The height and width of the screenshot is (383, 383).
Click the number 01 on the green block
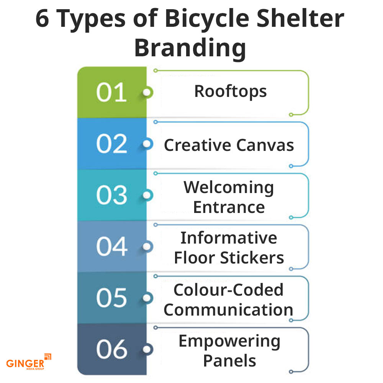pos(111,92)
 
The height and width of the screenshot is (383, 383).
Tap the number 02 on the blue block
pos(111,144)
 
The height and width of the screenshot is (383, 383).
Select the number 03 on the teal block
pos(111,195)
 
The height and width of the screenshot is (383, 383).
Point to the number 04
pos(111,246)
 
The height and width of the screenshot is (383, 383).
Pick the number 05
pos(111,298)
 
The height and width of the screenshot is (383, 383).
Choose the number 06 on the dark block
pos(111,349)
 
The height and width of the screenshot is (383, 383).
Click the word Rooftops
pos(230,92)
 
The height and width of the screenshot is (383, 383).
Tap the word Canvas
pos(265,145)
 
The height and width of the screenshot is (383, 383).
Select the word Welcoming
pos(229,188)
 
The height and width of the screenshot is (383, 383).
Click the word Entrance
pos(229,207)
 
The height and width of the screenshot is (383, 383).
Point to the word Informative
pos(229,238)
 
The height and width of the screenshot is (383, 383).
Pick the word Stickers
pos(252,258)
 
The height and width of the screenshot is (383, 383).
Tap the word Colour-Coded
pos(228,290)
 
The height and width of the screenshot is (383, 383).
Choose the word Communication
pos(228,310)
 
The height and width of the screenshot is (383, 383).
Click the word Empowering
pos(229,342)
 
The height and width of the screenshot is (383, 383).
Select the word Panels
pos(229,361)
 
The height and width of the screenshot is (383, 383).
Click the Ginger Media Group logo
pos(29,362)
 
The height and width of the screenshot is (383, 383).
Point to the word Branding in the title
pos(190,48)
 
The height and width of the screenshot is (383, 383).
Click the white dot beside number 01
pos(147,92)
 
